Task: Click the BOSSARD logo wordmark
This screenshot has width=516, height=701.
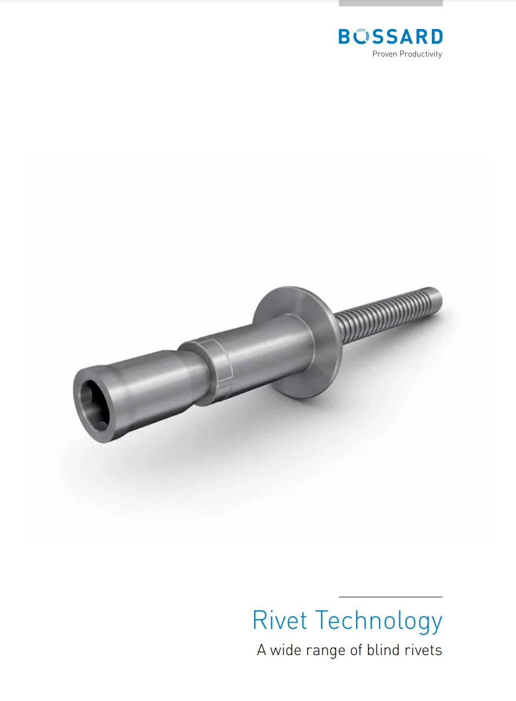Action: pos(390,37)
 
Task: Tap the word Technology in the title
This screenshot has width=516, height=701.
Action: pos(378,621)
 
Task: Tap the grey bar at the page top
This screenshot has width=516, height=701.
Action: pos(391,3)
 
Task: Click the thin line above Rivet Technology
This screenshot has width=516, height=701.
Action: pos(391,597)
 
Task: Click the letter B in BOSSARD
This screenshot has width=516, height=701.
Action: pos(346,37)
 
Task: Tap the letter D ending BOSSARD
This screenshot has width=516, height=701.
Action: pos(435,37)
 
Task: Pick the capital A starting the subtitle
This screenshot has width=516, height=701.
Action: pos(262,650)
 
